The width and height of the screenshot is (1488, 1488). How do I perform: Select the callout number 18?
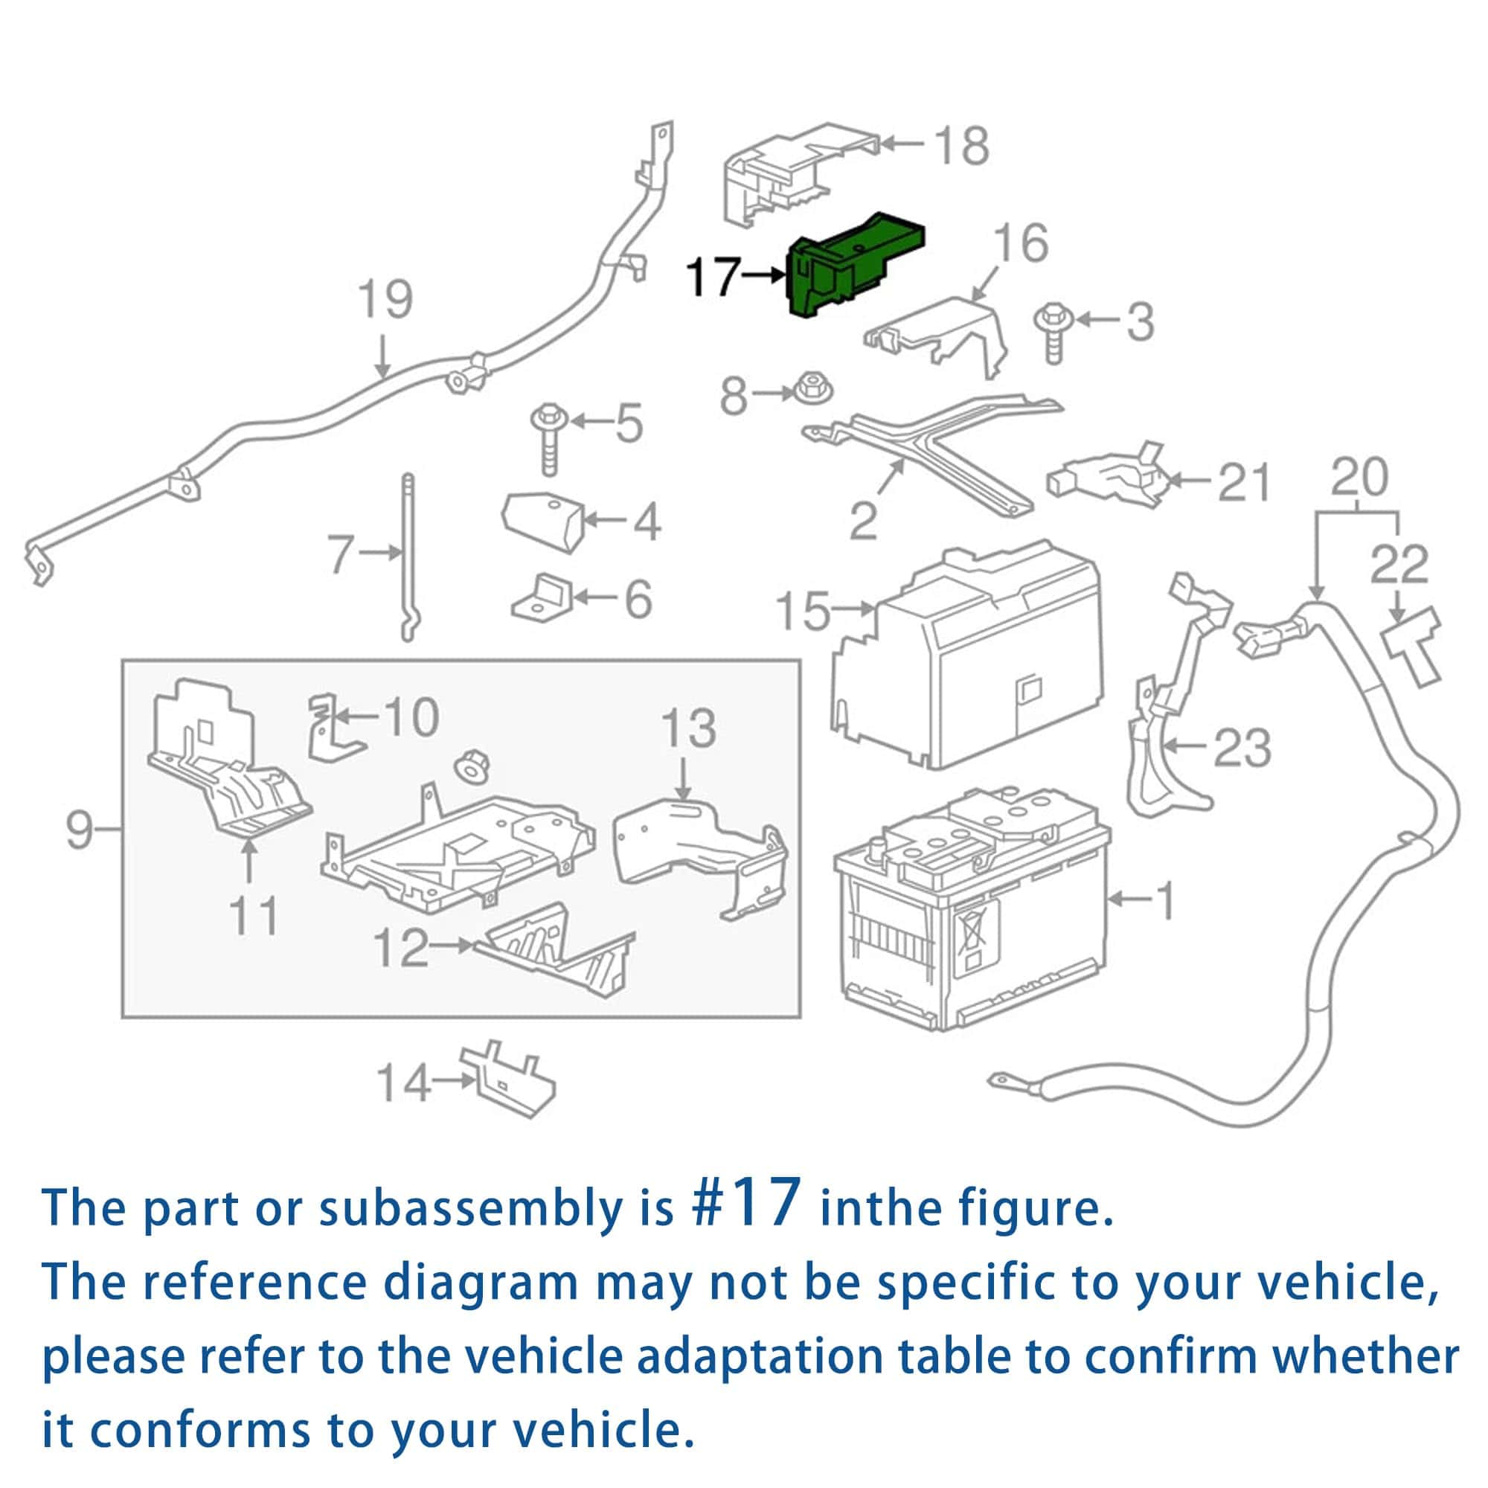pos(961,146)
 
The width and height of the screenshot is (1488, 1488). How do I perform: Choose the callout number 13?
pos(687,728)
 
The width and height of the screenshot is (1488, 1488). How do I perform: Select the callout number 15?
pos(803,612)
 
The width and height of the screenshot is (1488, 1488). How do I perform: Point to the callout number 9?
pos(80,830)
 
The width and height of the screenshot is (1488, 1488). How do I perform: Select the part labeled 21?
pos(1106,477)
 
